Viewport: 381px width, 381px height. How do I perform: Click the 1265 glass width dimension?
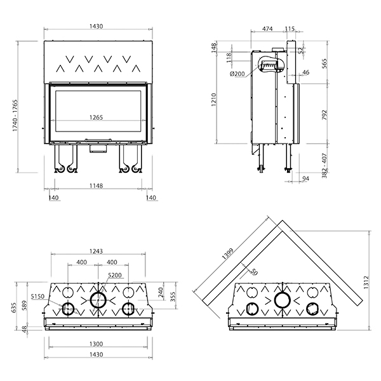click(x=97, y=117)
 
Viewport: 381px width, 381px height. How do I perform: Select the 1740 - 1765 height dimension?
click(x=15, y=116)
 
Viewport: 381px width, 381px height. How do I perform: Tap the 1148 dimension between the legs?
click(x=97, y=186)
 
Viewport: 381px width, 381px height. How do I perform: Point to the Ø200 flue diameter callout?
click(x=237, y=74)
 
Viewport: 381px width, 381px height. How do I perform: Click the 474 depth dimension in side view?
click(x=267, y=29)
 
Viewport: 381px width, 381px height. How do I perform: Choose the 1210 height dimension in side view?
click(x=213, y=100)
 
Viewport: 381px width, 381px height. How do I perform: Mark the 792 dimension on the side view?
click(x=324, y=115)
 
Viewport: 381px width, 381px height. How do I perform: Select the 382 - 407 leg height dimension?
click(x=324, y=166)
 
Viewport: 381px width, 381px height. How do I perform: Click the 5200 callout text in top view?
click(x=115, y=275)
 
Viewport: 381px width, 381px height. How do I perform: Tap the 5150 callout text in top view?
click(x=37, y=296)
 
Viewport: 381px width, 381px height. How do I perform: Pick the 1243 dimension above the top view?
click(x=97, y=251)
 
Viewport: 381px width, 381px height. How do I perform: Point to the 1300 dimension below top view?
click(x=97, y=344)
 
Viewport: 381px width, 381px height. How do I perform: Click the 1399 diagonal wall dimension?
click(x=228, y=253)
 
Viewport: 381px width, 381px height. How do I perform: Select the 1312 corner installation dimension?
click(x=366, y=282)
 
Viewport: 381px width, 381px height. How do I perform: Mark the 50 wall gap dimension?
click(x=253, y=272)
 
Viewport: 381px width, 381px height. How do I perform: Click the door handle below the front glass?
click(x=98, y=140)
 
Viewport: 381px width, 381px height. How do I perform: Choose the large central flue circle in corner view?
click(x=283, y=300)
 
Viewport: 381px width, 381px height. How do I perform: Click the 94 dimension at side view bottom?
click(x=305, y=178)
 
